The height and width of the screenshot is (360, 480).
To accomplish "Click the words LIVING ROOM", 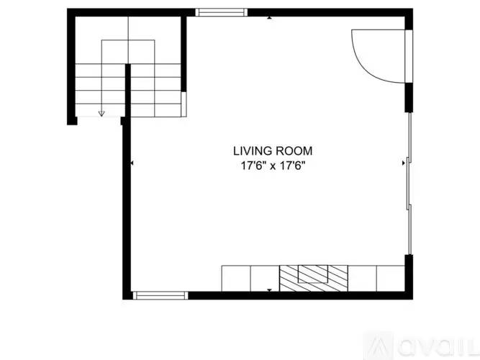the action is tap(273, 151).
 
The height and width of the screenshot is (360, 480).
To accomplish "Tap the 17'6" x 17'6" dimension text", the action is tap(273, 166).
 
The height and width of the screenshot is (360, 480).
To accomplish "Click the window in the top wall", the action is tap(222, 12).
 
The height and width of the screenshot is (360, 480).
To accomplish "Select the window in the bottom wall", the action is tap(160, 295).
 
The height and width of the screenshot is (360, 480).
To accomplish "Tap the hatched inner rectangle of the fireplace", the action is tap(313, 274).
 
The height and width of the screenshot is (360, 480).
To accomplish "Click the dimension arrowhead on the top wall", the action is tap(269, 18).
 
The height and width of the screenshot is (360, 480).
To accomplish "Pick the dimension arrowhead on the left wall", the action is tap(132, 163).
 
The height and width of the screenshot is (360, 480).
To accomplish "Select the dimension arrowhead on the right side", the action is tap(404, 163).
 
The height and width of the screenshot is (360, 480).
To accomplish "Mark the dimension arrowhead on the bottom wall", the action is tap(269, 290).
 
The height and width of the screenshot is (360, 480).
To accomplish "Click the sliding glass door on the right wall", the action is tap(409, 184).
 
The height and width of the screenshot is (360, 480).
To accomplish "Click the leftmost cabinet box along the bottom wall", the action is tap(236, 279).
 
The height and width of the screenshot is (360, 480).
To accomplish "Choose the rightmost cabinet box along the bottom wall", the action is tap(391, 279).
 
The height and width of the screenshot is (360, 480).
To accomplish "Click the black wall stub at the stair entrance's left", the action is tap(72, 121).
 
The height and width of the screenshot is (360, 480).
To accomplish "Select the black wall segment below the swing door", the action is tap(409, 97).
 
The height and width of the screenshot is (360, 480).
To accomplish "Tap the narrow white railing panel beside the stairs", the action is tap(184, 104).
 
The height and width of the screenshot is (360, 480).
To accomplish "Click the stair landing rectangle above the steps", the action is tap(128, 52).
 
